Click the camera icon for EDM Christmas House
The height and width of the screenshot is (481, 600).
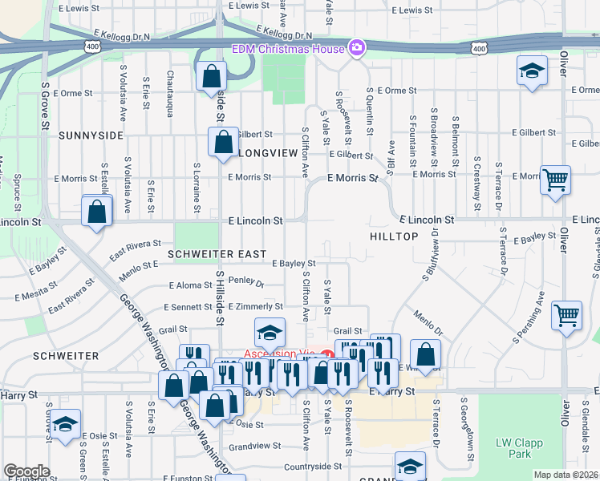(357, 49)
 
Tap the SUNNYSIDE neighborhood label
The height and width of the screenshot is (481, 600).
(91, 135)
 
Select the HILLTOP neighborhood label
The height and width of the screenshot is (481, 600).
(394, 236)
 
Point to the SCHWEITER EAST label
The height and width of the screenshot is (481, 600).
(217, 253)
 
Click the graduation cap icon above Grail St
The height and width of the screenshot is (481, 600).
(270, 331)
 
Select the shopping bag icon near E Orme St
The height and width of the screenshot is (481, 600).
(211, 77)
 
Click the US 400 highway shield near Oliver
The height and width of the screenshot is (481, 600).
(478, 50)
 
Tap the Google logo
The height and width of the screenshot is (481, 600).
(26, 471)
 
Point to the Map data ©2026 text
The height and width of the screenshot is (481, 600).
(566, 475)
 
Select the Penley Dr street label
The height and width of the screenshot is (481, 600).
(245, 283)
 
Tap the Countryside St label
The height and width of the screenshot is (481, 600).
(313, 466)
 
